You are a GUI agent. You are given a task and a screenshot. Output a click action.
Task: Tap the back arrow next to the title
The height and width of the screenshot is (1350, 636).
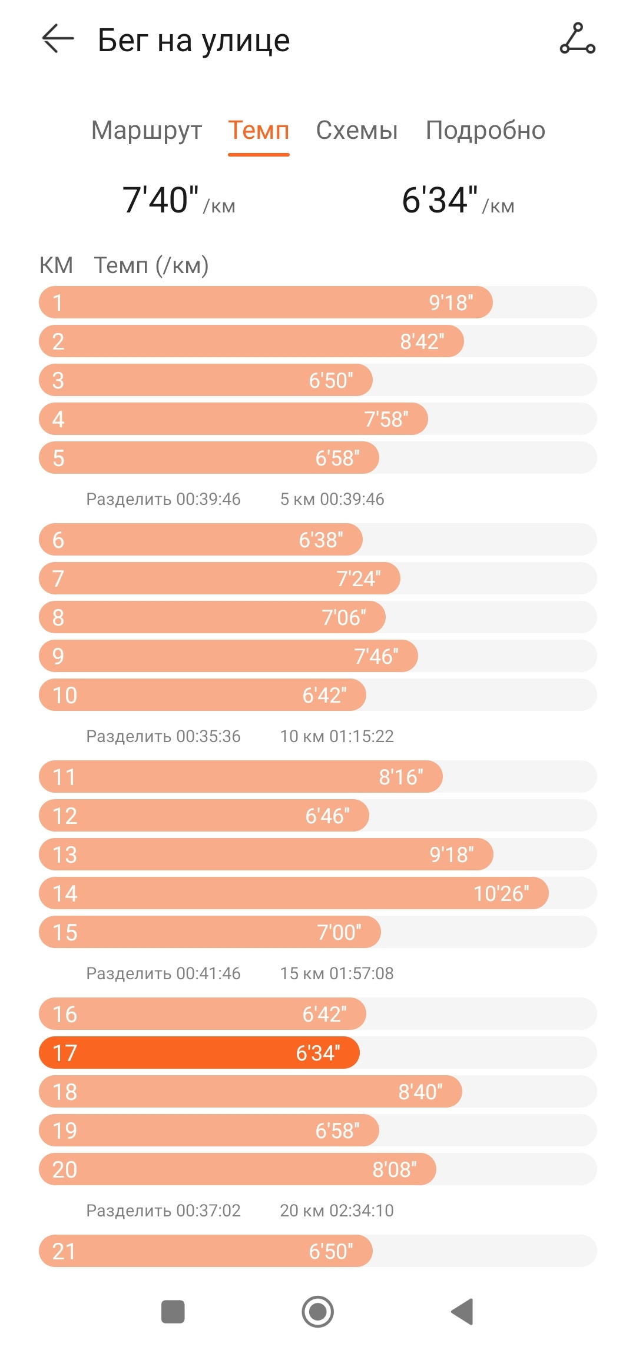[x=58, y=39]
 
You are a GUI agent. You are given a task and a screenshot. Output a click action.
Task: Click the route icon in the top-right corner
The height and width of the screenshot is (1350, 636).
[x=577, y=39]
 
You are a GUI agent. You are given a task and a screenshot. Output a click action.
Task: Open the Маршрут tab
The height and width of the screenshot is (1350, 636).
[x=147, y=131]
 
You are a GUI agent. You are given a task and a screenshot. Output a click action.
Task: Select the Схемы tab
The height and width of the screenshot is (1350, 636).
[x=357, y=131]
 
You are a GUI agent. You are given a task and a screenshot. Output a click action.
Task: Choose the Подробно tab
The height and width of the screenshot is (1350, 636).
[x=485, y=131]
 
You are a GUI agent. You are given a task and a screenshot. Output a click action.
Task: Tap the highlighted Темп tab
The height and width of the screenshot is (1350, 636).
[x=259, y=131]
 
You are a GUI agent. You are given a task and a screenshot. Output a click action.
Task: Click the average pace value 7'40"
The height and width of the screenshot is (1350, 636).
[x=160, y=200]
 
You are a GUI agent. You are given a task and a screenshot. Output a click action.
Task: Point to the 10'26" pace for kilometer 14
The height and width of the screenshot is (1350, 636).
[x=501, y=893]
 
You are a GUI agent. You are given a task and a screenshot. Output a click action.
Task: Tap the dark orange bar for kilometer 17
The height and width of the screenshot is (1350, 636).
[x=199, y=1053]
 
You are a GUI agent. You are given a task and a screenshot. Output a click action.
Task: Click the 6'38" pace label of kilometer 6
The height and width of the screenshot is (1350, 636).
[x=321, y=540]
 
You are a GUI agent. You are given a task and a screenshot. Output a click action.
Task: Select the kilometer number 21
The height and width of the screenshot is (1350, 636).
[x=64, y=1252]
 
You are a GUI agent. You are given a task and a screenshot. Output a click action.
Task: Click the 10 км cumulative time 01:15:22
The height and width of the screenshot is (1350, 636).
[x=361, y=736]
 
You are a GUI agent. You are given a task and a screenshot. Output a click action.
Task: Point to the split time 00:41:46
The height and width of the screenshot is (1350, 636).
[x=208, y=973]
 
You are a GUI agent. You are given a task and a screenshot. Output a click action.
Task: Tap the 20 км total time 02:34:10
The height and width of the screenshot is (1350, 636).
[x=361, y=1211]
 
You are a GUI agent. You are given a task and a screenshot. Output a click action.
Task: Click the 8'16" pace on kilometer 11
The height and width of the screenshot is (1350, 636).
[x=401, y=777]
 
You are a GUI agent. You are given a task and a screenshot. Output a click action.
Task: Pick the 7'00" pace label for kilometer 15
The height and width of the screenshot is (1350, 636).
[x=339, y=932]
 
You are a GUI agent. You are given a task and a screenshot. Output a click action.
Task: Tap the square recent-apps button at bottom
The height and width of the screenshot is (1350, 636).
[x=173, y=1312]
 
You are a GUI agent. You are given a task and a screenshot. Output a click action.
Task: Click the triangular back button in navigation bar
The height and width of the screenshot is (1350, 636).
[x=462, y=1312]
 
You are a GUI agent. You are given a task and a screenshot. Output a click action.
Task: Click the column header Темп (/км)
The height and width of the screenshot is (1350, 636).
[x=151, y=265]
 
